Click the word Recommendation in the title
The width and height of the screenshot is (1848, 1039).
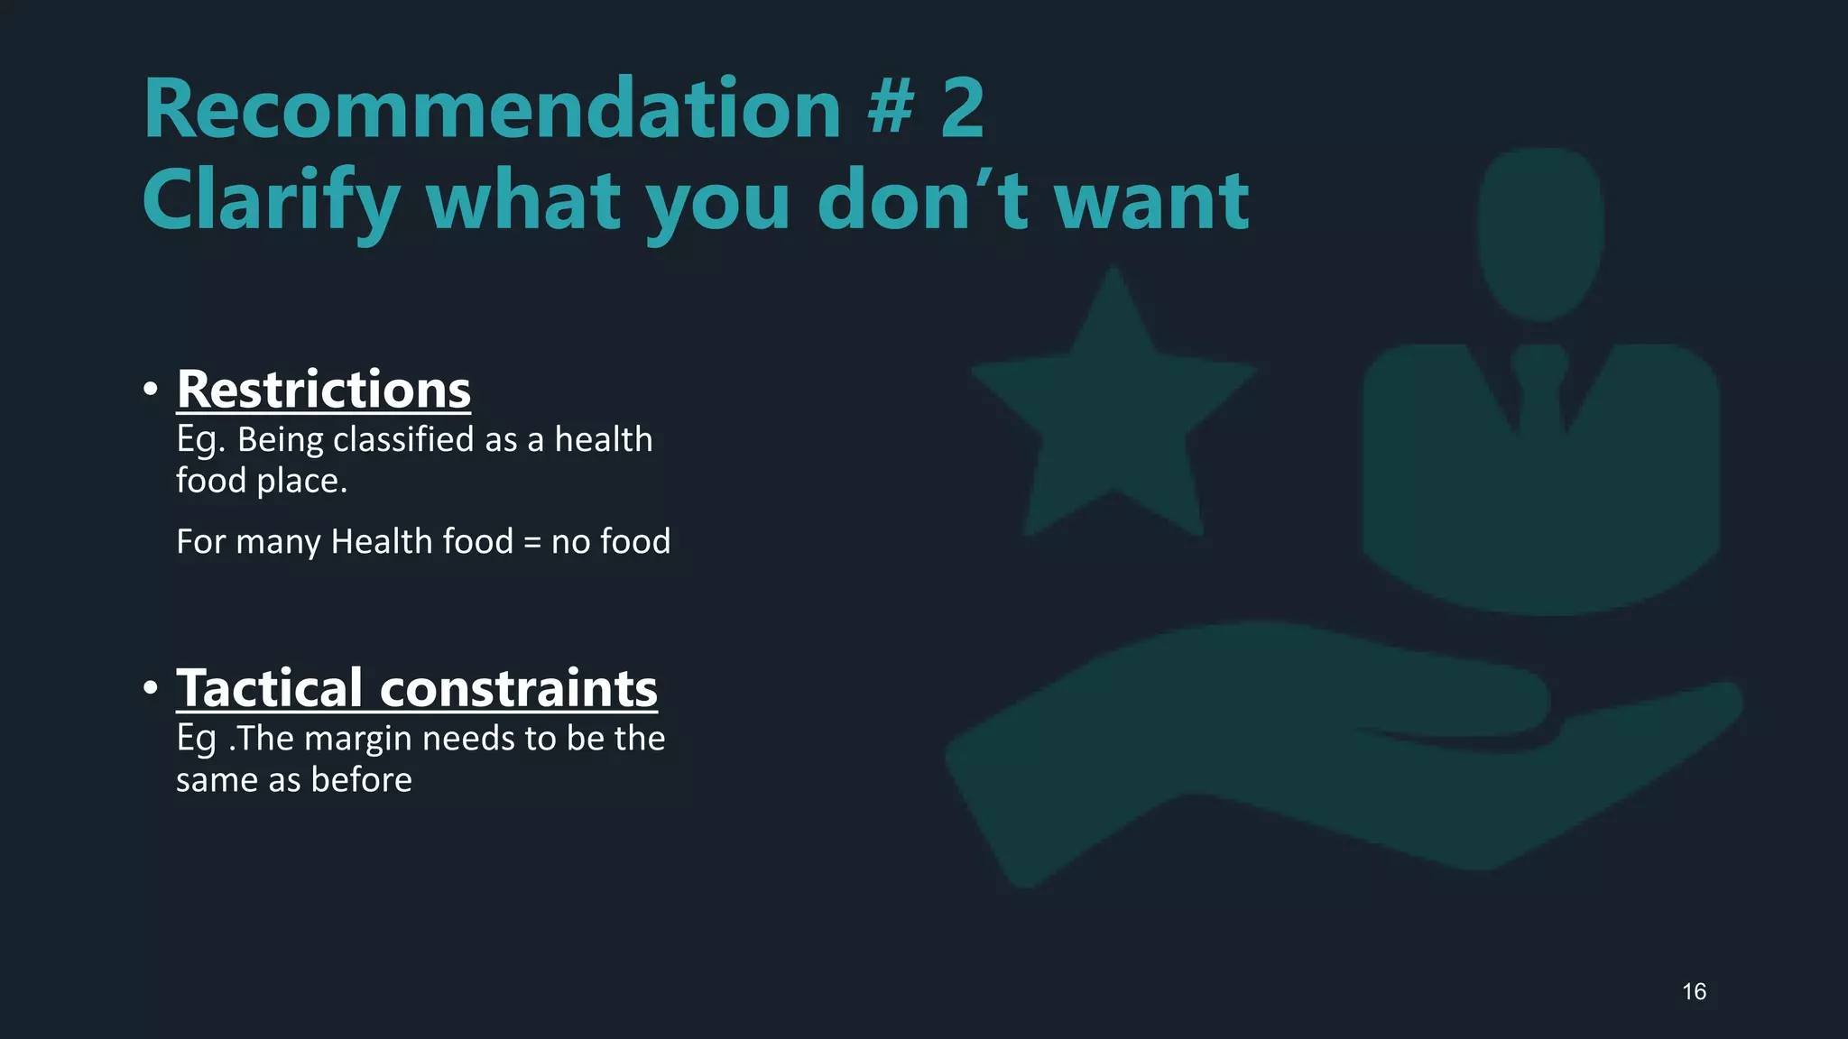492,109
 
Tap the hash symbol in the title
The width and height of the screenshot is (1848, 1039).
892,109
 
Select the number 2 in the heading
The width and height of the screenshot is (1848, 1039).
962,109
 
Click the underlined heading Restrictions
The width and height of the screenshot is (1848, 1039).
323,390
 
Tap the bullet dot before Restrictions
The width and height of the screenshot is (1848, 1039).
151,390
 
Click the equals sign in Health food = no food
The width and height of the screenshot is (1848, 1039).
531,542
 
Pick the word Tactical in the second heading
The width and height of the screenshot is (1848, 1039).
269,688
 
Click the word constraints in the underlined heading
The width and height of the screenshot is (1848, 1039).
519,688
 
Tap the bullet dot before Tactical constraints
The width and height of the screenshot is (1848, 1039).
151,688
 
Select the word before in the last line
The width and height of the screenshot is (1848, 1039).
361,780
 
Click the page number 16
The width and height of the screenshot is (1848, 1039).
1694,992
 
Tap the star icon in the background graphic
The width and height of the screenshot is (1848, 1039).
1114,415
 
